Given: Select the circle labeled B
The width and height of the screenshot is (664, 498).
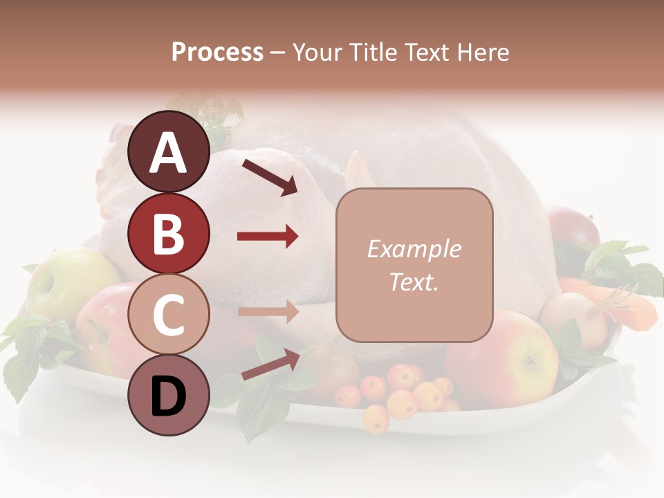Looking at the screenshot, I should point(169,233).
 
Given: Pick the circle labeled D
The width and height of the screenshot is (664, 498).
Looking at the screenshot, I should point(169,395).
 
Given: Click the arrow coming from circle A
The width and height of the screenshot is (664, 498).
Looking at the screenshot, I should point(269,176).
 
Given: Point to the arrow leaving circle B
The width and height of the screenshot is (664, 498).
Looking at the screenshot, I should point(268,237).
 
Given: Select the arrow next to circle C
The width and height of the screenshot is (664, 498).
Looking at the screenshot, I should point(268,312).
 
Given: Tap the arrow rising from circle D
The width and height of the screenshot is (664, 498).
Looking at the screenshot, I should point(270,364).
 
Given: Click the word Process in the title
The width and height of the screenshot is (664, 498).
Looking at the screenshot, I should point(217,52).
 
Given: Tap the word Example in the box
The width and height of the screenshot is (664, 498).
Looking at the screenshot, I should point(414,249).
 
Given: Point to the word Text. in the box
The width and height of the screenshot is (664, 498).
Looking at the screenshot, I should point(414,282).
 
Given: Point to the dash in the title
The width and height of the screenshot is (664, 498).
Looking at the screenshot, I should point(278,53).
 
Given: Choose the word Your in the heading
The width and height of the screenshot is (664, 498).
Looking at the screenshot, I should point(317,52).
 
